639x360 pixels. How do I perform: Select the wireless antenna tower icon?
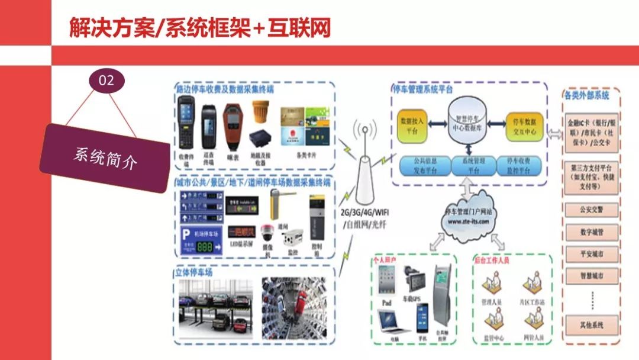click(x=364, y=166)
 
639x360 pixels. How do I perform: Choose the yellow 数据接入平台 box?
click(x=412, y=125)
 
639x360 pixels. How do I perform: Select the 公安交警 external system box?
click(x=592, y=210)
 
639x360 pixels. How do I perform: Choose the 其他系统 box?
click(x=592, y=324)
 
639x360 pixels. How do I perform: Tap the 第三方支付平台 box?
click(x=592, y=176)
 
